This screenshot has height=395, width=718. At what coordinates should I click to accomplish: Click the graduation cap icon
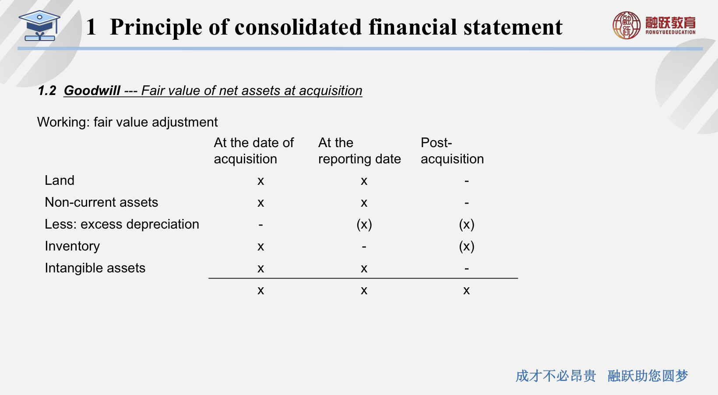point(39,26)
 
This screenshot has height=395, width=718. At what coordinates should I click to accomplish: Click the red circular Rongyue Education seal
point(626,25)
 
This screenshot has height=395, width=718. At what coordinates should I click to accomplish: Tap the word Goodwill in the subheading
point(92,91)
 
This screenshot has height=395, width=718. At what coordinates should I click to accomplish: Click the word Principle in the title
point(156,28)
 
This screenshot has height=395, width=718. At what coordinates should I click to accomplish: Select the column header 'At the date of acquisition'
point(253,151)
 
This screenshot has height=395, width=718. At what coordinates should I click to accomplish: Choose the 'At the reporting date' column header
point(359,151)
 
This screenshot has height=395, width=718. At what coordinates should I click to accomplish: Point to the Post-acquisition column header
point(452,151)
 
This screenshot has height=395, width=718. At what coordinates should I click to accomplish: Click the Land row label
point(60,180)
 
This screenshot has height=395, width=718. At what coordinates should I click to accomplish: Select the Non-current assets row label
point(101,202)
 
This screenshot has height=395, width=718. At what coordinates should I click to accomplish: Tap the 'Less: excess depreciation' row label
point(122,224)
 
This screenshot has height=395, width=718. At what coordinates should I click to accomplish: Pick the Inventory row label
point(72,246)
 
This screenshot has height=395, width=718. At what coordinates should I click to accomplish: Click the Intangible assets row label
point(95,268)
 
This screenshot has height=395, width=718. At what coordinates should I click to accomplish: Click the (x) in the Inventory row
point(466,246)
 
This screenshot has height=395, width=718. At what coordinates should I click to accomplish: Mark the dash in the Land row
point(467,181)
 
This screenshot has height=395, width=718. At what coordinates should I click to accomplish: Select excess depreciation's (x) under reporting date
point(364,224)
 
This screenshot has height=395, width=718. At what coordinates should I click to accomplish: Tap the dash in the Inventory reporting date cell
point(364,247)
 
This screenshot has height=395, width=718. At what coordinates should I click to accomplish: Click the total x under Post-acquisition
point(466,290)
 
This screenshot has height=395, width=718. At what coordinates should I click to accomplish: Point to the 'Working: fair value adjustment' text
point(127,122)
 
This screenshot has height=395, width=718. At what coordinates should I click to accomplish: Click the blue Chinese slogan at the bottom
point(602,376)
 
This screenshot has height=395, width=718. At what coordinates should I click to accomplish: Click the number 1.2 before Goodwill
point(47,91)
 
